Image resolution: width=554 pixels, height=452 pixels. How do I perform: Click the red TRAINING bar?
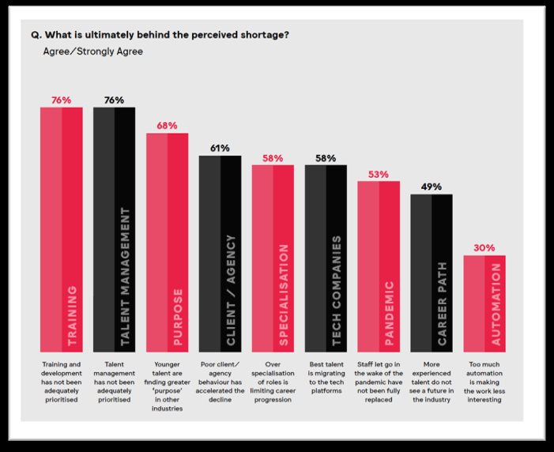coord(62,229)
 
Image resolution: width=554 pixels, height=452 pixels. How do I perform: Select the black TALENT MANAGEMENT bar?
coord(115,229)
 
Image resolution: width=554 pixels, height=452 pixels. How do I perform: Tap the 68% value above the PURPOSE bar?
coord(168,126)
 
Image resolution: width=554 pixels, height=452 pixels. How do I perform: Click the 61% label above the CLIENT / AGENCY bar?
coord(220,148)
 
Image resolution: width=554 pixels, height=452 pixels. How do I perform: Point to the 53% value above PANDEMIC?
coord(379,174)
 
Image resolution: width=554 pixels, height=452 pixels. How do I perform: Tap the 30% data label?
coord(484,247)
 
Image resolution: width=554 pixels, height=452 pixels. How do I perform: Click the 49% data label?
coord(432,186)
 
